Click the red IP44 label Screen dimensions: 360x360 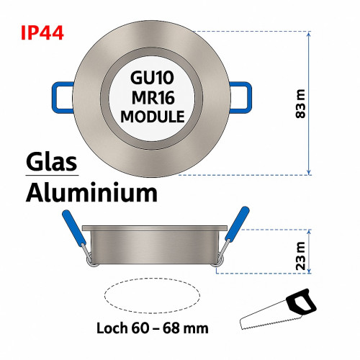pyautogui.click(x=42, y=32)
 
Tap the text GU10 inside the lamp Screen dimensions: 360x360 pyautogui.click(x=152, y=78)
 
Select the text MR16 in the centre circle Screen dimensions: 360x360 pyautogui.click(x=153, y=98)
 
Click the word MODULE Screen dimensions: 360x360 pyautogui.click(x=153, y=117)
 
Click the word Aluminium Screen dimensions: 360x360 pyautogui.click(x=91, y=192)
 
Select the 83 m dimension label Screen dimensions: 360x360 pyautogui.click(x=300, y=104)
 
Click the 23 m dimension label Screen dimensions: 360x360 pyautogui.click(x=300, y=256)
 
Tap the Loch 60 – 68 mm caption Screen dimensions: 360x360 pyautogui.click(x=153, y=328)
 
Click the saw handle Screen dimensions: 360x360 pyautogui.click(x=301, y=302)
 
